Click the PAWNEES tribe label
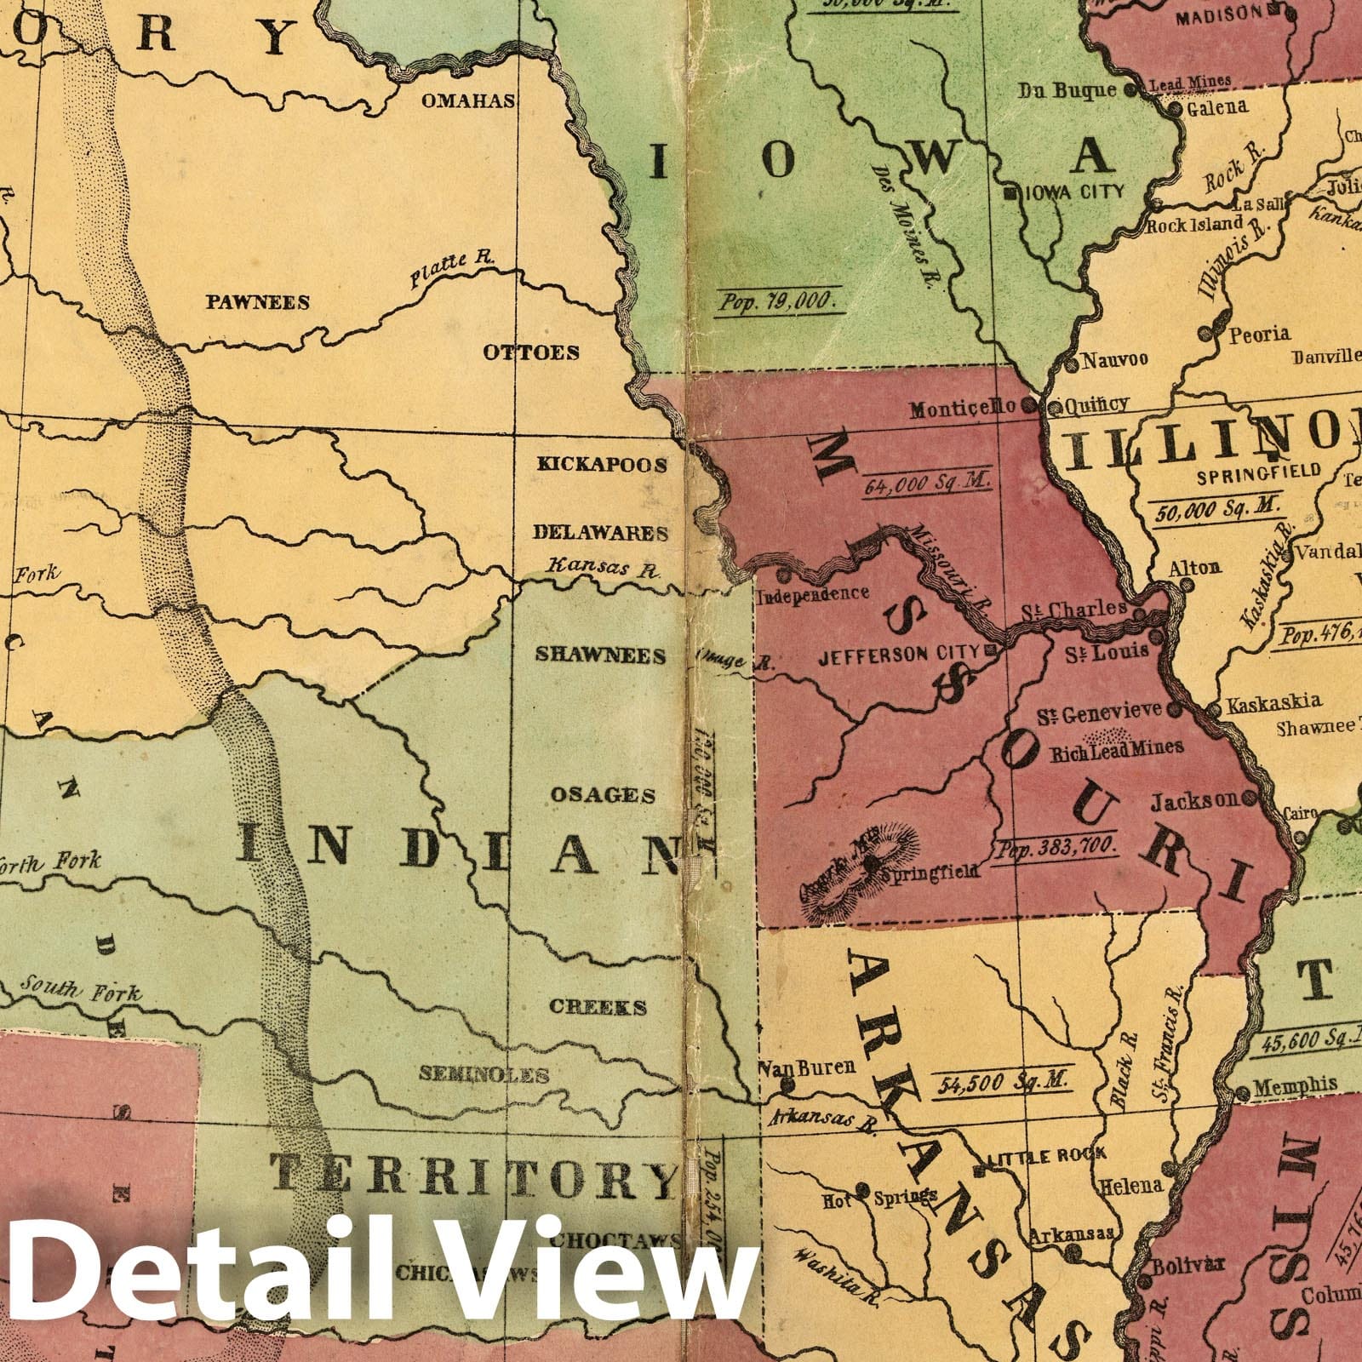pyautogui.click(x=256, y=302)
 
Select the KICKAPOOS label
pyautogui.click(x=601, y=465)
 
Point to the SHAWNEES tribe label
pyautogui.click(x=600, y=655)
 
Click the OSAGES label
pyautogui.click(x=603, y=795)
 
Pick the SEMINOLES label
pyautogui.click(x=484, y=1074)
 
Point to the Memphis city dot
pyautogui.click(x=1241, y=1092)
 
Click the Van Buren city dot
pyautogui.click(x=787, y=1086)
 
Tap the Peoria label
pyautogui.click(x=1259, y=334)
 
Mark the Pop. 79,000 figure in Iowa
pyautogui.click(x=778, y=301)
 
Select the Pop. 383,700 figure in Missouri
pyautogui.click(x=1055, y=848)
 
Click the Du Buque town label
pyautogui.click(x=1067, y=90)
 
